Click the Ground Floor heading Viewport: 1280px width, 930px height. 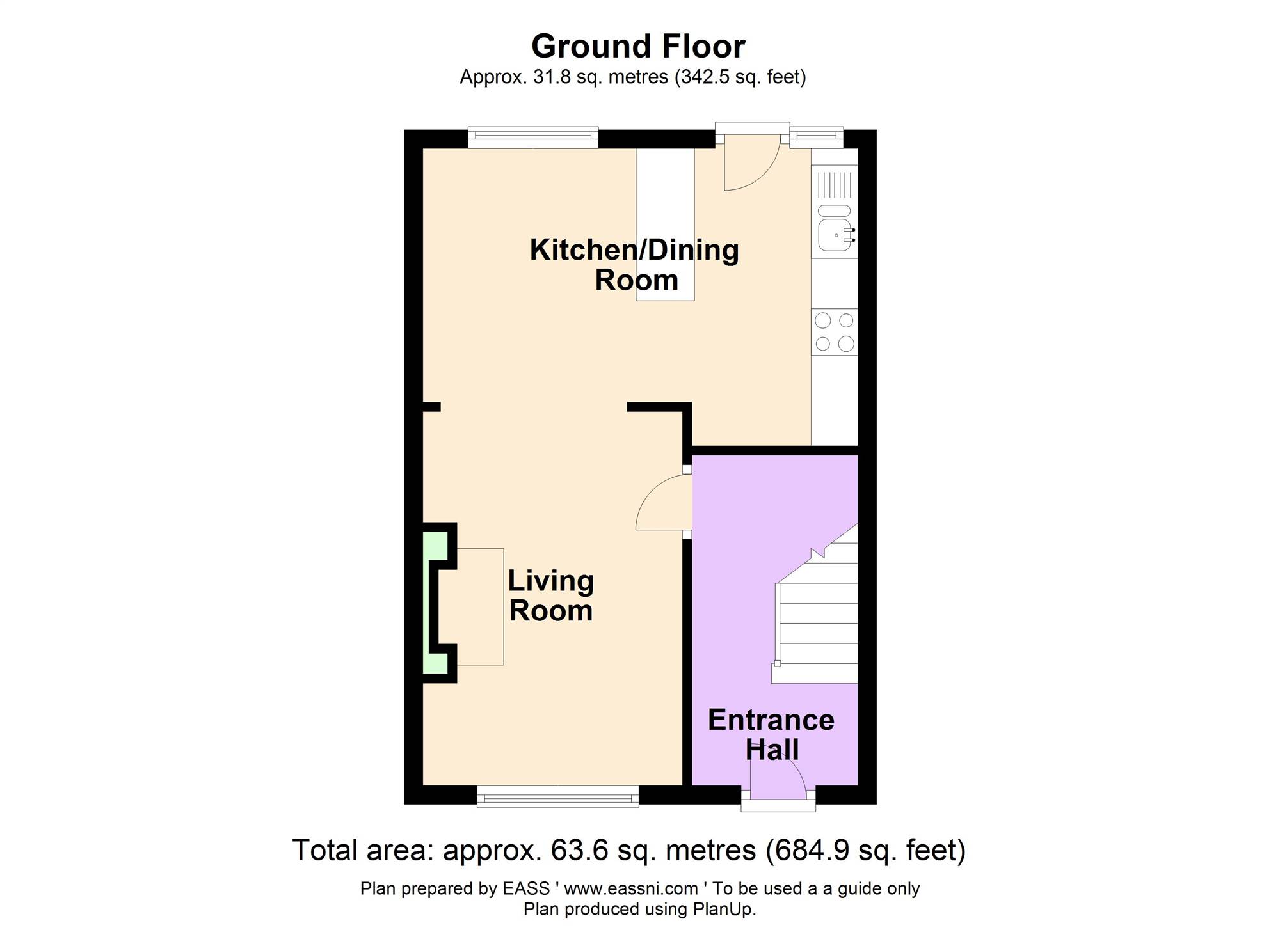638,47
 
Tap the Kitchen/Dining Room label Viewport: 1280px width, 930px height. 634,264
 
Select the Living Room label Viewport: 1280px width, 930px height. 551,595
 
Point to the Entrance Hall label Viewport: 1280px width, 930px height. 771,734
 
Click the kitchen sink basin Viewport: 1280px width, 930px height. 835,234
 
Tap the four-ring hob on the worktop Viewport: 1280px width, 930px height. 835,332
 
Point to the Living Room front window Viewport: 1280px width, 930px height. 558,796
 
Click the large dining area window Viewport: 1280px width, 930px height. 533,138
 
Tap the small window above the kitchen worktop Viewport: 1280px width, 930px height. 817,136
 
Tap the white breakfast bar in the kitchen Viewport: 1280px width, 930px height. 665,224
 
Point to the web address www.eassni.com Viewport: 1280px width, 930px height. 631,888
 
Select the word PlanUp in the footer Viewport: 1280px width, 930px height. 724,909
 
